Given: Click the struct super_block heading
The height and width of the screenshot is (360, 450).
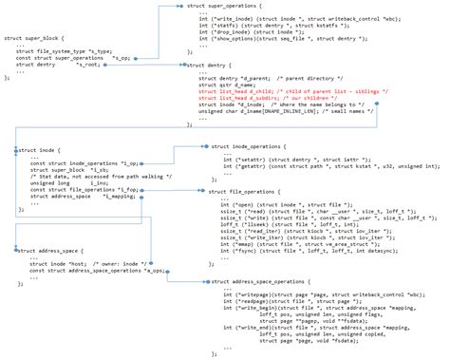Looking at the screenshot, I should (35, 40).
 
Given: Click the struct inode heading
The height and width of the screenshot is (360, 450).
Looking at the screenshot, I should (39, 149).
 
